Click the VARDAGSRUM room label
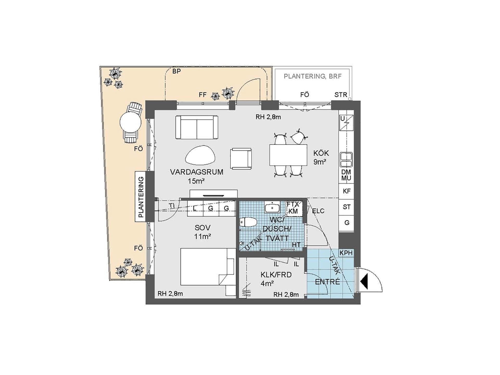point(197,172)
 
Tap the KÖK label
point(321,153)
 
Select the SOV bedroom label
point(203,228)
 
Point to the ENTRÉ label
point(327,282)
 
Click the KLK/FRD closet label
point(276,275)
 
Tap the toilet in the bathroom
point(248,222)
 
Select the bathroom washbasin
point(272,208)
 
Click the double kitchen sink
point(346,160)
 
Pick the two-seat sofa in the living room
point(197,127)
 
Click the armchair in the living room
point(241,158)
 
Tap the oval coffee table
point(200,155)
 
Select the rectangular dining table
point(288,155)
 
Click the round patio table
point(130,122)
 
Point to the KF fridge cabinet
point(346,191)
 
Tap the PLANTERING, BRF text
point(312,76)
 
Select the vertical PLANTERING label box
point(141,197)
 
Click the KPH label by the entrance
point(346,253)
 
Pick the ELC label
point(318,211)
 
